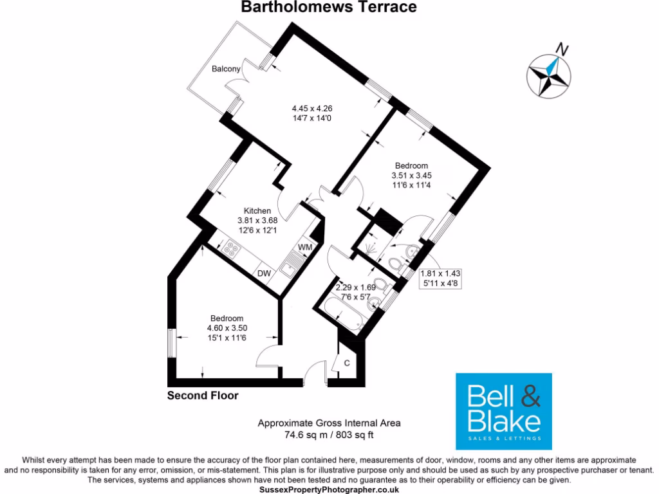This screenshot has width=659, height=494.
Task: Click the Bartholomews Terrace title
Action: tap(329, 7)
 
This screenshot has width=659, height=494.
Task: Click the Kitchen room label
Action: tap(257, 210)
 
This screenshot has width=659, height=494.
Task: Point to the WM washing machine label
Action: tap(304, 248)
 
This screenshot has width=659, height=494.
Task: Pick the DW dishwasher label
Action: tap(264, 273)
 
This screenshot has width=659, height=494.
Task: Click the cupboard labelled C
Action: tap(346, 363)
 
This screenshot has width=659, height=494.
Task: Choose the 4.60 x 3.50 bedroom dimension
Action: tap(227, 328)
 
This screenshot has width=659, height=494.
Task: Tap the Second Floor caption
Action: tap(203, 396)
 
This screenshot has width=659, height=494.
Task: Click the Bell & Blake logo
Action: tap(504, 411)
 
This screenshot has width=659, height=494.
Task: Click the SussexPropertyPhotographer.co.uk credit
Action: tap(329, 489)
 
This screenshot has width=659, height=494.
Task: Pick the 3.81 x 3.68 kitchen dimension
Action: tap(257, 220)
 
